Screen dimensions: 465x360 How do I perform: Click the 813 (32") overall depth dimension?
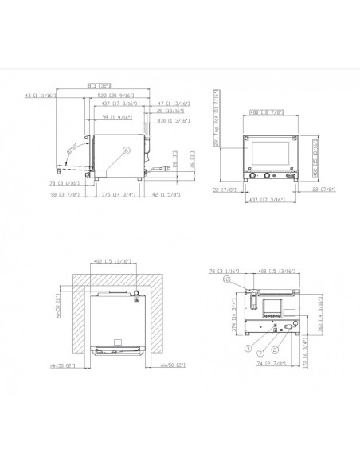point(98,87)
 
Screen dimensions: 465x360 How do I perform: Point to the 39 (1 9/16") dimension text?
point(117,116)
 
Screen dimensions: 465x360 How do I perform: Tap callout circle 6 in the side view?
point(126,150)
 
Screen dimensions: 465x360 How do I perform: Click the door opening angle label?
point(72,148)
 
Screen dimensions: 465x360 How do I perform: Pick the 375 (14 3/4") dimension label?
point(117,193)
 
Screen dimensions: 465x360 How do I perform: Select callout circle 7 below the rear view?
point(260,351)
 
